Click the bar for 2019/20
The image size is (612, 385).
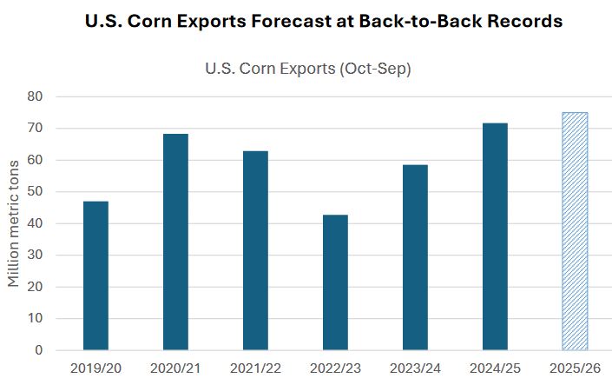point(95,275)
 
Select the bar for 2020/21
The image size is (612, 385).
point(175,242)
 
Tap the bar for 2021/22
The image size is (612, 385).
point(255,250)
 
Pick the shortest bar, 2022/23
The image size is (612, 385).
point(335,282)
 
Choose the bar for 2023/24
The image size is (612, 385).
point(415,257)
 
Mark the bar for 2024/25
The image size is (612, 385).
point(495,236)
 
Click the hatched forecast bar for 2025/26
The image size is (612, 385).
point(575,231)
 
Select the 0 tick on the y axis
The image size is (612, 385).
point(38,350)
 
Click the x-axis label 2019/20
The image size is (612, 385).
point(95,369)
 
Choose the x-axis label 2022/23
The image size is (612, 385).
point(335,369)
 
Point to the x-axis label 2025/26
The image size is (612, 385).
point(575,369)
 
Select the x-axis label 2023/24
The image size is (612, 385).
point(415,369)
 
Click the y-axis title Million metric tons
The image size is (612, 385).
point(14,223)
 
